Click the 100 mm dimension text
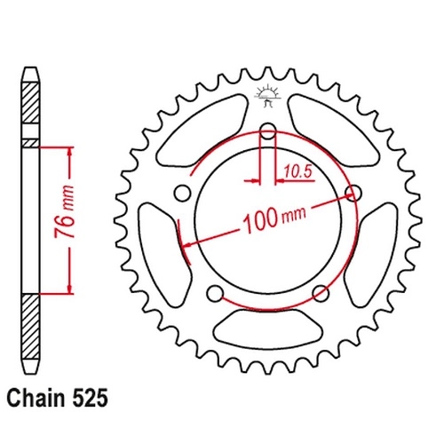[274, 218]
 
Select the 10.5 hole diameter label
[298, 171]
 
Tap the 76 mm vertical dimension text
[65, 211]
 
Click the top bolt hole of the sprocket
[268, 131]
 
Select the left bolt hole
[182, 194]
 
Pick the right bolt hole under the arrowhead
[353, 194]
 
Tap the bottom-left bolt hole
[215, 294]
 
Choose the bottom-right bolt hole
[321, 294]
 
